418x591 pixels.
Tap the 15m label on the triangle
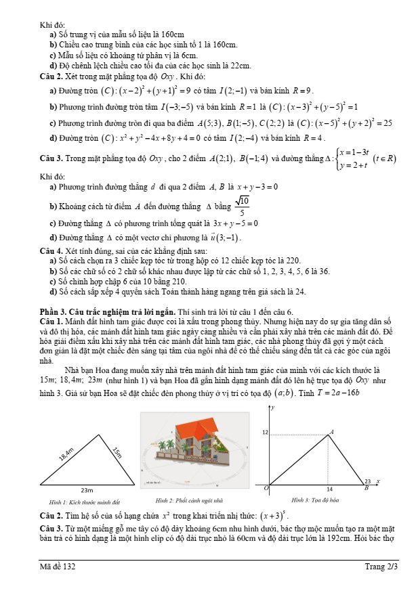pos(116,452)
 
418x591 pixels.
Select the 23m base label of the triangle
pos(87,489)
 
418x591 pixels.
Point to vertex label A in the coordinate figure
pos(331,431)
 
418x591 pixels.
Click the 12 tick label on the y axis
pos(265,433)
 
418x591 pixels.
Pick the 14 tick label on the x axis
pos(329,488)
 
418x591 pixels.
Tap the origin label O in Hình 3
pos(266,487)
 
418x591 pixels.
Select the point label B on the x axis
pos(367,487)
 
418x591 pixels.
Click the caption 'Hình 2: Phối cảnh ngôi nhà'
pos(191,500)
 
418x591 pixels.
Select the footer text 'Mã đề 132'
pos(58,567)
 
